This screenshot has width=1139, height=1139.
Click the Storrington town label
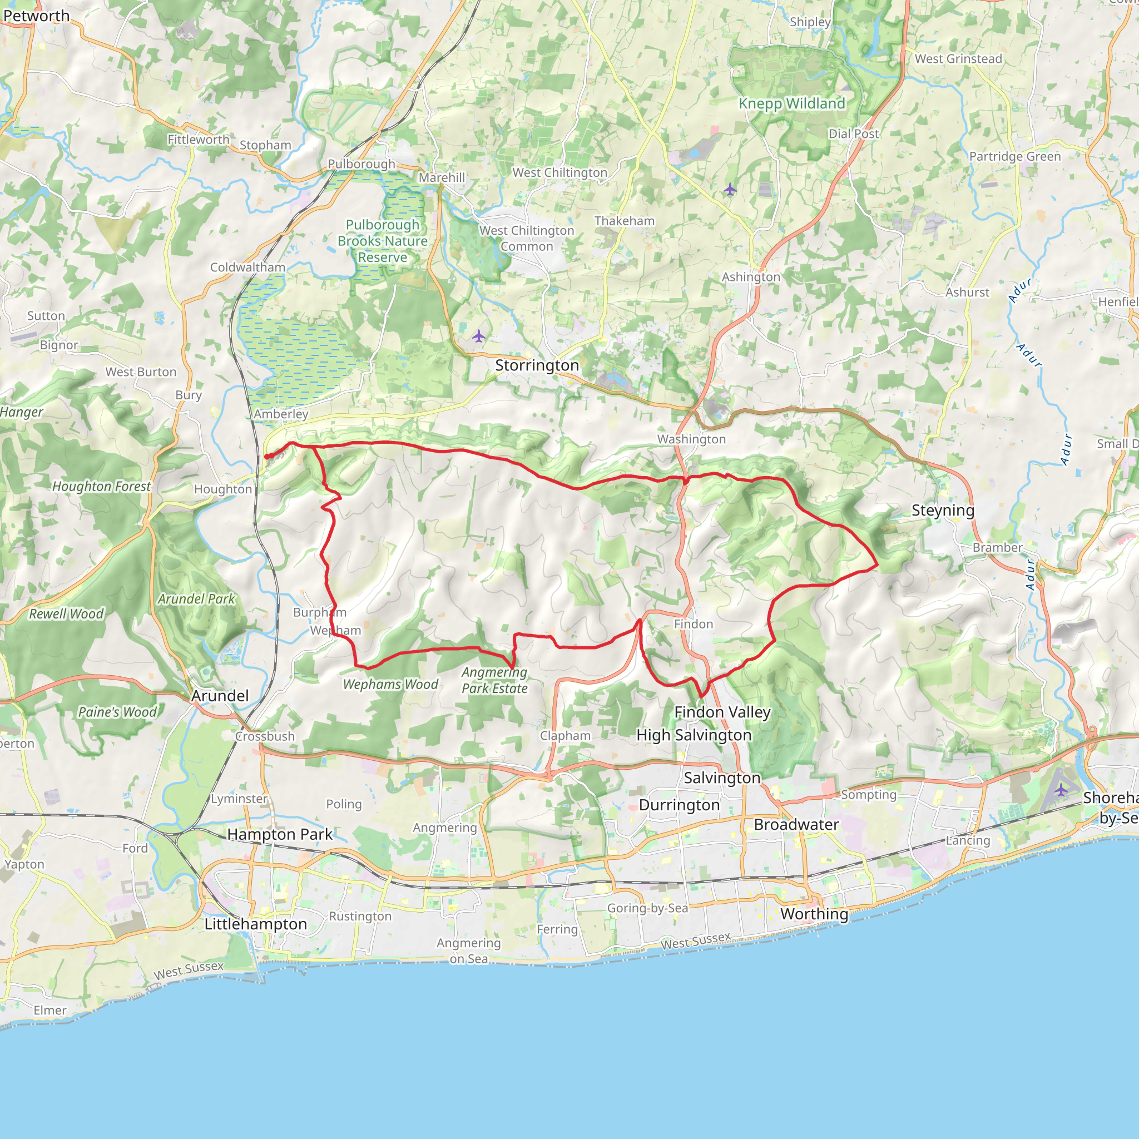(x=537, y=365)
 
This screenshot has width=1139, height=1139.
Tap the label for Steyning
(x=943, y=511)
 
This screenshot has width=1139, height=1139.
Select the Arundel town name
(x=220, y=696)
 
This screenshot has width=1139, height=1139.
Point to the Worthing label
(x=814, y=914)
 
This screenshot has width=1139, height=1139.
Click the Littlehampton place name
(x=255, y=924)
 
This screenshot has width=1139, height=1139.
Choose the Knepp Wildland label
(x=792, y=104)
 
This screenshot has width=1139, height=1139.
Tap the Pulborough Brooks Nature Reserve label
(x=383, y=241)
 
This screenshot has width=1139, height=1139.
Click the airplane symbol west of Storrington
(x=479, y=336)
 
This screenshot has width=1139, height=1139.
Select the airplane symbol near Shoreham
(x=1061, y=789)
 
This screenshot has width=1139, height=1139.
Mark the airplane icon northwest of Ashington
(x=730, y=189)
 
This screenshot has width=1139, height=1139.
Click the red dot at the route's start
(x=267, y=456)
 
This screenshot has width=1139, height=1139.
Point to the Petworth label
(x=37, y=16)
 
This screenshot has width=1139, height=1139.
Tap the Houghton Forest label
(x=101, y=487)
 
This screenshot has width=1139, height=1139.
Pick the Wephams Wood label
(x=390, y=685)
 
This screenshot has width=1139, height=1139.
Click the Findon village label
(x=694, y=624)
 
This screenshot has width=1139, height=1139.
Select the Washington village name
(x=691, y=439)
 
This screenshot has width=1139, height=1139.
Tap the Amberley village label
(x=281, y=414)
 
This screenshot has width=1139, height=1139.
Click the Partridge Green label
(x=1014, y=156)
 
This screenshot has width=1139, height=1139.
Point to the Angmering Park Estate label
(x=494, y=680)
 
